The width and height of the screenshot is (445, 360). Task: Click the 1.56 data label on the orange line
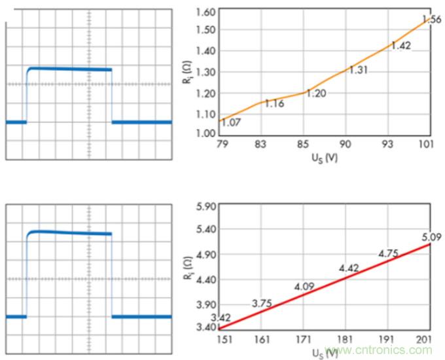pos(433,20)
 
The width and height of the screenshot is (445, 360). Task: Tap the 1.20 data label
pos(316,93)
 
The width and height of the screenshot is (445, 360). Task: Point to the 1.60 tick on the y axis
pos(205,12)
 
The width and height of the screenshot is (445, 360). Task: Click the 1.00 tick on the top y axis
pos(205,134)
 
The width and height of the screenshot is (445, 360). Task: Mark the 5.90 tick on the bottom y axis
pos(205,206)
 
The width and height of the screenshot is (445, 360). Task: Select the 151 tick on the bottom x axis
pos(222,340)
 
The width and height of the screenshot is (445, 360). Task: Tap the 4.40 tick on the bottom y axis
pos(205,279)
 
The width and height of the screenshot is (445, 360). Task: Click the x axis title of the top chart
pos(325,158)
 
